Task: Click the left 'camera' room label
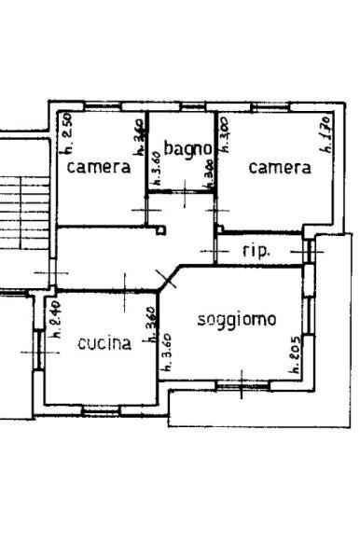coord(98,168)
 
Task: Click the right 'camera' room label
coord(279,168)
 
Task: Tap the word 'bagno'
coord(183,146)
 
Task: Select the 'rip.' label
coord(256,250)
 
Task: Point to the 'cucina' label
coord(104,343)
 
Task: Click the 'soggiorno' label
coord(237,320)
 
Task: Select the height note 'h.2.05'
coord(294,354)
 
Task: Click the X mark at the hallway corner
coord(167,276)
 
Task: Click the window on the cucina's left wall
coord(39,349)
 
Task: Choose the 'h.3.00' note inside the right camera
coord(224,134)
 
